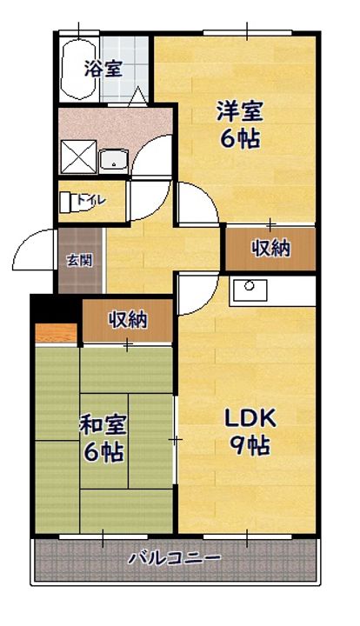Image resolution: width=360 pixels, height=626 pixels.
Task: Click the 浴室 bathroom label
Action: pos(103,69)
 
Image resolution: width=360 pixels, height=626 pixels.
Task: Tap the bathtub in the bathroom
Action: pos(78,70)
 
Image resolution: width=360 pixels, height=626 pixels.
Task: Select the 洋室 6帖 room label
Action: pos(239,125)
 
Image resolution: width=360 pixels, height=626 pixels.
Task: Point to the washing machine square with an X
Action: pos(78,156)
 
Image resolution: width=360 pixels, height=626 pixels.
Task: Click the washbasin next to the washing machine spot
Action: pos(114,160)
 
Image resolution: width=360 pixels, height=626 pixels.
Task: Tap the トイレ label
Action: pos(91,199)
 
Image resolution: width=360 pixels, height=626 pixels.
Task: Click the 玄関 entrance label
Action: pos(79,261)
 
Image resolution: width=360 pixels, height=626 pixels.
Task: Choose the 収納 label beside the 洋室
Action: pos(270,249)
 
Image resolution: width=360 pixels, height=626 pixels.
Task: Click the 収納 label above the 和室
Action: pos(128,320)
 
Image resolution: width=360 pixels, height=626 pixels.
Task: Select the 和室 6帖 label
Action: pos(103,438)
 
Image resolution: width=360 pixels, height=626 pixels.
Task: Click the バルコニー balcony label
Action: pos(174,557)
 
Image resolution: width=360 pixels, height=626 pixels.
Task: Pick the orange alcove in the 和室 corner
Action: pos(56,333)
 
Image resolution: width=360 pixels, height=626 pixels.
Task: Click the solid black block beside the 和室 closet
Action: pos(56,310)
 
